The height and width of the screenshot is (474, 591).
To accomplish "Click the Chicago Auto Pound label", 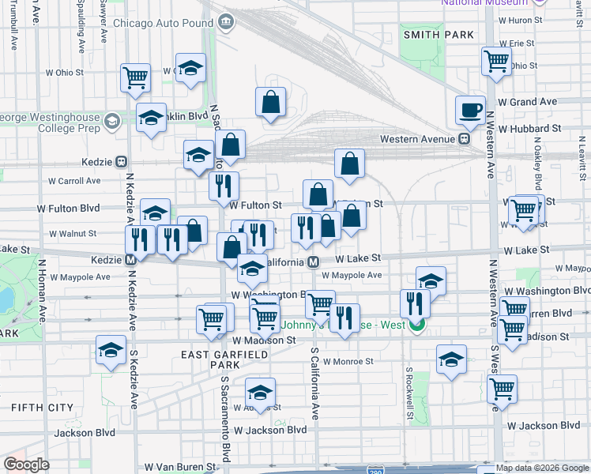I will tap(164, 23).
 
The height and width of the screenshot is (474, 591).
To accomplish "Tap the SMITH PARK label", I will tap(439, 35).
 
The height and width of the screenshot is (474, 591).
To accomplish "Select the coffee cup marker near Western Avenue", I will tap(471, 111).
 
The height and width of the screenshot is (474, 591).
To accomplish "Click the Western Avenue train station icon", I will tap(465, 138).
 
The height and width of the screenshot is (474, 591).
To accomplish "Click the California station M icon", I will tap(314, 261).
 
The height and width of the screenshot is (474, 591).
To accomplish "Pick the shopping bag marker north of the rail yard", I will tap(270, 102).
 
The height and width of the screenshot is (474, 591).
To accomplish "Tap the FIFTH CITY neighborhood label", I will tap(36, 407).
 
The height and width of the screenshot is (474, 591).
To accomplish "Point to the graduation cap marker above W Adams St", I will tap(260, 391).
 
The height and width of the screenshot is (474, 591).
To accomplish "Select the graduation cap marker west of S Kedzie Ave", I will tap(111, 348).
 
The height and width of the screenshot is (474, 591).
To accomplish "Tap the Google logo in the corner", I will tap(27, 465).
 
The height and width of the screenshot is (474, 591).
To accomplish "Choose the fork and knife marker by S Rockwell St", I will tap(415, 303).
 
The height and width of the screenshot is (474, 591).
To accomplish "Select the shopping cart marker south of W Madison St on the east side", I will tap(503, 388).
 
